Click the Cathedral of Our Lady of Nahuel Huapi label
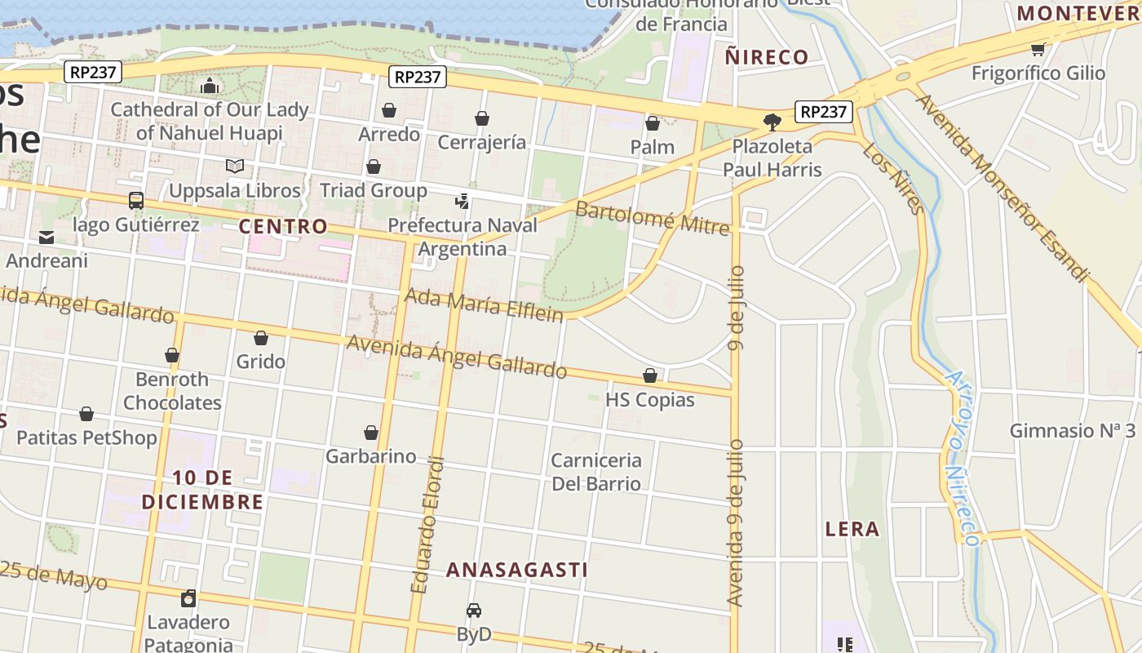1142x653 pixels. [x=210, y=121]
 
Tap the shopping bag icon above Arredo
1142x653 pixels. [x=389, y=110]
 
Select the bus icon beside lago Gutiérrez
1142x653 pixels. [x=136, y=201]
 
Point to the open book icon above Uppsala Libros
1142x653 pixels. [x=235, y=167]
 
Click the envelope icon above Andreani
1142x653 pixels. [x=46, y=238]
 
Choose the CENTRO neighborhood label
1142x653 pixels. [x=283, y=226]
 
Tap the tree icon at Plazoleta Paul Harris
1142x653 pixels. [x=772, y=122]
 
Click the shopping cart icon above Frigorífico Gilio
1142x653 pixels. [x=1038, y=49]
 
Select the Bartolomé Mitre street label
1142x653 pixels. [x=652, y=217]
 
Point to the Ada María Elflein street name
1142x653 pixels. [x=484, y=304]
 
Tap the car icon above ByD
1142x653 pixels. [x=474, y=611]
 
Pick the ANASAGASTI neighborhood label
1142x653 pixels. [x=516, y=570]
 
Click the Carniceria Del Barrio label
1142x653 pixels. [x=596, y=472]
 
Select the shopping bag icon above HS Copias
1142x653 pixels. [x=650, y=375]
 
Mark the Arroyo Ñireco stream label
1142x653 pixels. [x=961, y=458]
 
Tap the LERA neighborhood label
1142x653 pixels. [x=852, y=529]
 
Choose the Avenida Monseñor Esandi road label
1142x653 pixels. [x=1002, y=188]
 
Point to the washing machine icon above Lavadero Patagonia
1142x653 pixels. [x=188, y=599]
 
